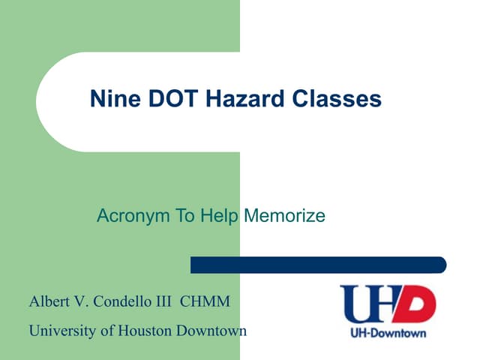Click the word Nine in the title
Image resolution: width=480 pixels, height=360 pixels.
coord(109,99)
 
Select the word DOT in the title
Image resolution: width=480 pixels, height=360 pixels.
coord(159,99)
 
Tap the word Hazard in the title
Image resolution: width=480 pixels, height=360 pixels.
coord(225,99)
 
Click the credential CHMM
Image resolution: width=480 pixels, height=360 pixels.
coord(208,302)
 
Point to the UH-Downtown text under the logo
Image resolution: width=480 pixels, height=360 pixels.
coord(388,332)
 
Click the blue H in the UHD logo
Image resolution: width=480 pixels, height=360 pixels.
coord(386,304)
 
